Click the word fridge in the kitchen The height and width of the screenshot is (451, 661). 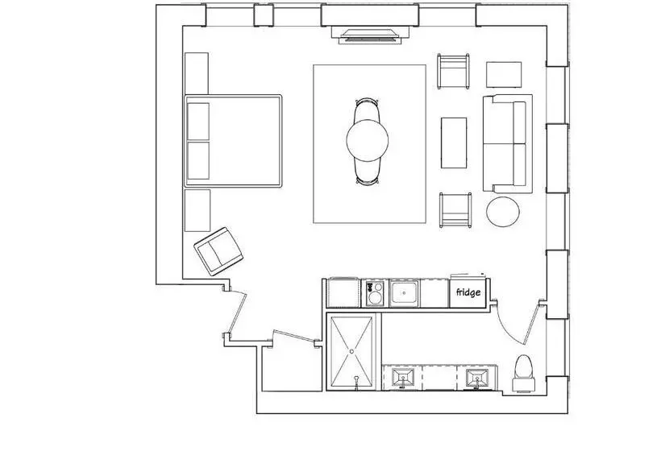point(468,292)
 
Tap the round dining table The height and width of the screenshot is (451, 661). point(367,140)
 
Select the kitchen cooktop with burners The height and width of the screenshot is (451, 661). point(375,292)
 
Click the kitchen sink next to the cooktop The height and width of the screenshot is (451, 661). point(405,292)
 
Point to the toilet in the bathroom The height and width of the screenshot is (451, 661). point(524,374)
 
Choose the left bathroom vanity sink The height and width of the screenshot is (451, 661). point(402,378)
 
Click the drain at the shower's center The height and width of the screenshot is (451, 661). point(351,351)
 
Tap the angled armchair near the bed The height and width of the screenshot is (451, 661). point(218,251)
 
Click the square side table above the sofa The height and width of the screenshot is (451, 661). point(504,75)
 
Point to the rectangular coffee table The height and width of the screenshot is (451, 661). point(454,143)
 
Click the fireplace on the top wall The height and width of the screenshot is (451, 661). point(370,35)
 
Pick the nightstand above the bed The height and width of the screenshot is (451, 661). point(197,73)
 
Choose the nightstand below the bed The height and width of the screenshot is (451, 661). point(197,210)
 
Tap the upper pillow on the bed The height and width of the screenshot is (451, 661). point(198,122)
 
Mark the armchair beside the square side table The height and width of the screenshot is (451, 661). point(453,71)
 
